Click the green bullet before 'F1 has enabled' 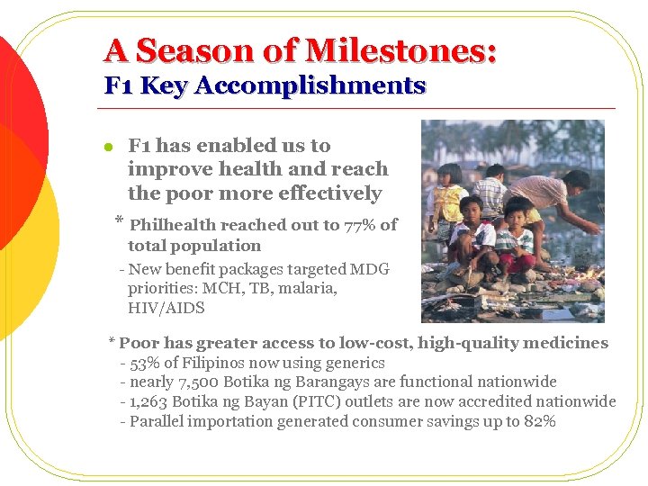click(x=107, y=147)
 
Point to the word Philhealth click(x=174, y=225)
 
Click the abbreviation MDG click(x=371, y=268)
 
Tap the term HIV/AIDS click(x=166, y=308)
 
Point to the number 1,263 click(x=148, y=401)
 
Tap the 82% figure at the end click(x=539, y=421)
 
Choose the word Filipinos click(x=217, y=363)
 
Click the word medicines click(x=565, y=343)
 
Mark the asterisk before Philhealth click(x=119, y=221)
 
